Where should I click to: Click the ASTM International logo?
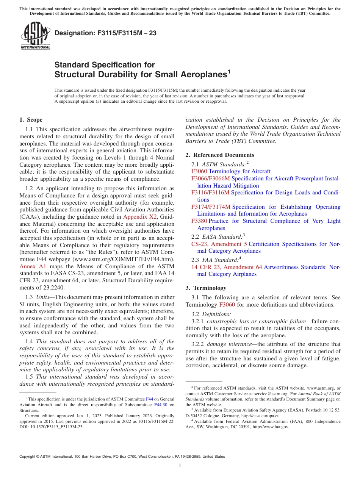[x=35, y=36]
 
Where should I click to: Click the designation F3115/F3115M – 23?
[x=105, y=33]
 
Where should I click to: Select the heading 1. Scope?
[x=31, y=120]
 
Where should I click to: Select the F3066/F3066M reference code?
[x=210, y=178]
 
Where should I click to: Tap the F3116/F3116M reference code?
[x=210, y=192]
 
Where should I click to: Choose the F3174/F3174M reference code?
[x=211, y=207]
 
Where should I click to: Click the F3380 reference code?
[x=199, y=221]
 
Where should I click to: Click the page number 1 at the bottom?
[x=180, y=465]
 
